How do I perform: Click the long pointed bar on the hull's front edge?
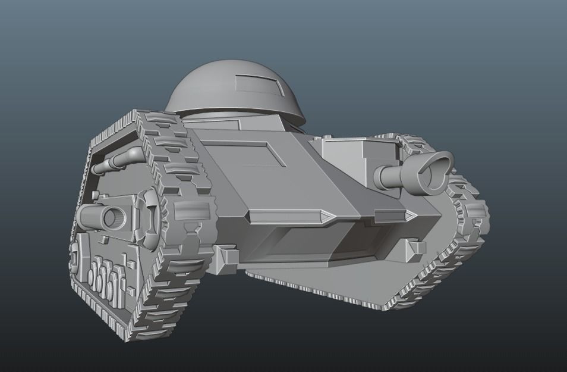coord(288,215)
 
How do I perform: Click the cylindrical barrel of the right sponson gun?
coord(392,176)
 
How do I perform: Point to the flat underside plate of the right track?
coord(333,286)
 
